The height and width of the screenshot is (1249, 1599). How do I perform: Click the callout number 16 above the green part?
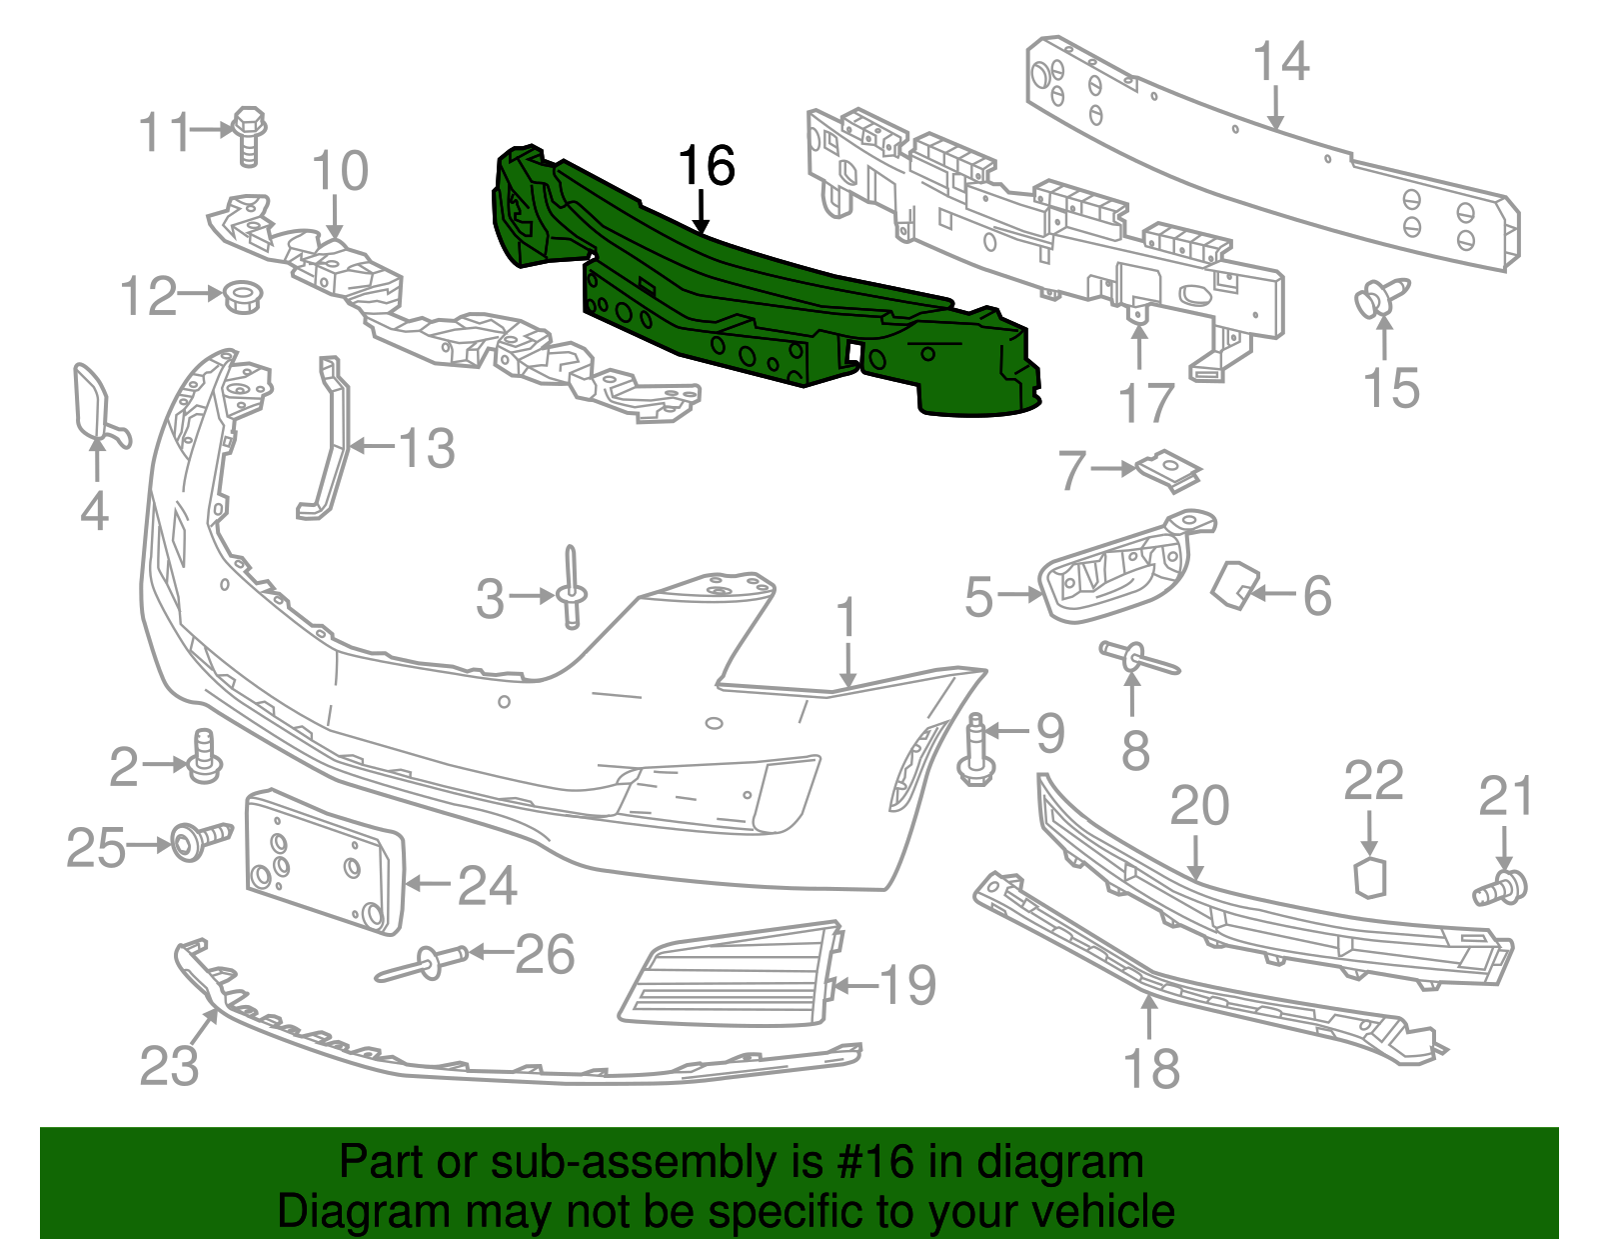point(707,166)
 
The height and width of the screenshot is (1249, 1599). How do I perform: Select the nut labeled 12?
point(242,296)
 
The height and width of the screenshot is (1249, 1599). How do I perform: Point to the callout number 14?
point(1281,62)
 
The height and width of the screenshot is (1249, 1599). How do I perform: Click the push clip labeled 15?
point(1381,298)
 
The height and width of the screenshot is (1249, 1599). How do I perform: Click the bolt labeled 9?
point(976,755)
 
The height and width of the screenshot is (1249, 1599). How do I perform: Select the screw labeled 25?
point(198,840)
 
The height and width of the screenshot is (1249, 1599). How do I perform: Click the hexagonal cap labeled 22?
point(1370,877)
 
